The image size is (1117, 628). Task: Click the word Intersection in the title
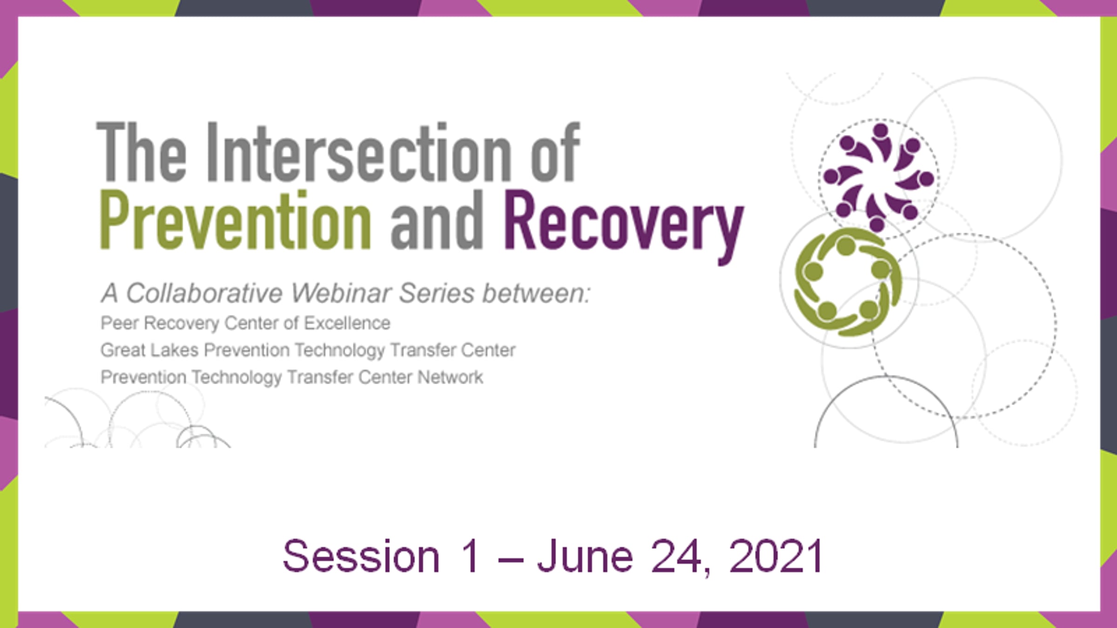358,152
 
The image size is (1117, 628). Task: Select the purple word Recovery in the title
624,228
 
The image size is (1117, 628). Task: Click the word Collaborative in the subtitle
204,293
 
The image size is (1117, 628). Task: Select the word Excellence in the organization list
347,323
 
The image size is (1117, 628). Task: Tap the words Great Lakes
149,350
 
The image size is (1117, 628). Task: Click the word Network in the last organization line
450,377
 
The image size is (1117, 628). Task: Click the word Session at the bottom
361,556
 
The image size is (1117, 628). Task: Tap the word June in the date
585,556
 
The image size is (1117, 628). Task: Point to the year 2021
776,556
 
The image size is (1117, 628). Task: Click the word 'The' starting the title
141,152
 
